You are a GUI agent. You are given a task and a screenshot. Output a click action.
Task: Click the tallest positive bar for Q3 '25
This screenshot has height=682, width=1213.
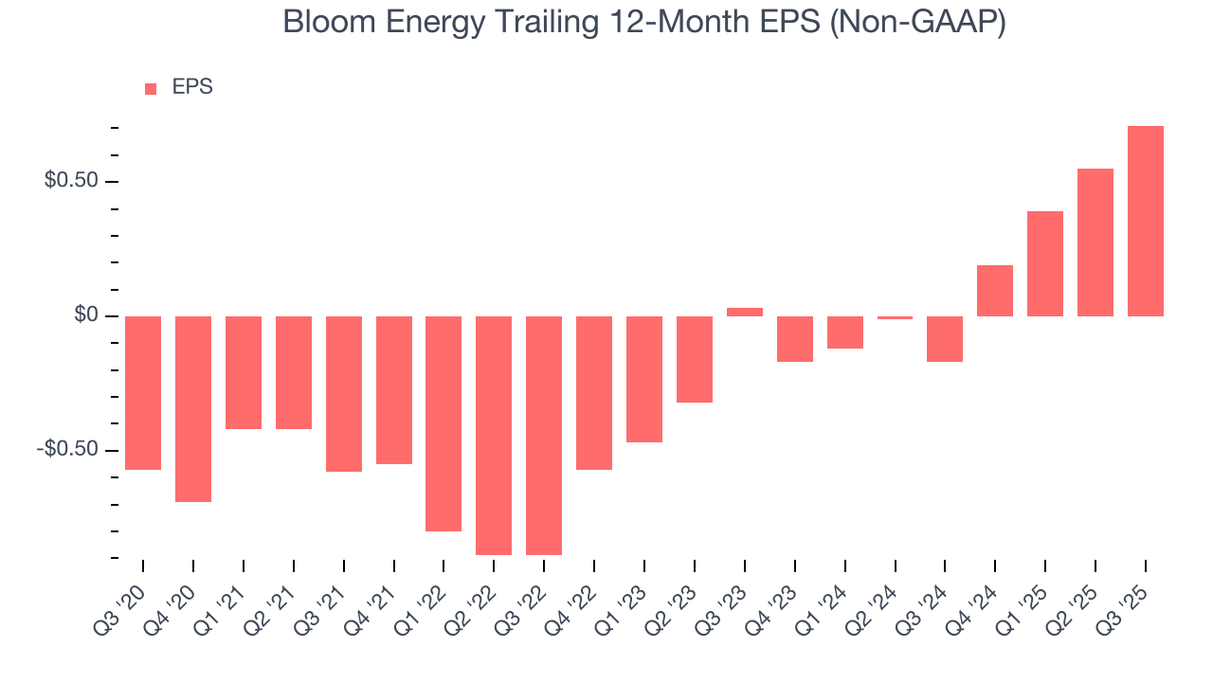pos(1145,221)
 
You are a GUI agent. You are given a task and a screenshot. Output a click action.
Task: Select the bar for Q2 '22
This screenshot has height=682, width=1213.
pos(493,435)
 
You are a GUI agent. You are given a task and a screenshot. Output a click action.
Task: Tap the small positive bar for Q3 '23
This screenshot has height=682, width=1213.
pos(744,312)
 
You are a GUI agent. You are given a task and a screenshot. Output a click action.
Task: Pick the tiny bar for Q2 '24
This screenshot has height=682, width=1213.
pos(895,317)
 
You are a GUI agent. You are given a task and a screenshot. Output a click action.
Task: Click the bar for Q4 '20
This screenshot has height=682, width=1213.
pos(192,408)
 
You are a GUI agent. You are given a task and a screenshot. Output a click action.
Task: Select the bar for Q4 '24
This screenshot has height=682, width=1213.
pos(994,291)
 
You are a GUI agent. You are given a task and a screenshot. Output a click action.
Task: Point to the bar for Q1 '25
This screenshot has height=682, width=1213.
pos(1044,263)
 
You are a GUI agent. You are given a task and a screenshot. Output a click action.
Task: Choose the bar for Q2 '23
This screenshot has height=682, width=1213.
pos(694,359)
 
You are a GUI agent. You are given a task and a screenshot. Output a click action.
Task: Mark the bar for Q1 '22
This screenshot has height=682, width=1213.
pos(443,423)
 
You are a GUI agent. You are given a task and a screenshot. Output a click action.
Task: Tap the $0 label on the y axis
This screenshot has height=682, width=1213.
pos(86,315)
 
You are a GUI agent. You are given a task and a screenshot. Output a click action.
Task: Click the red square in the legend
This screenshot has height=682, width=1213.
pos(151,88)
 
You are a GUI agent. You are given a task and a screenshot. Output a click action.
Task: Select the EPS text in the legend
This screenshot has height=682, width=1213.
pos(192,87)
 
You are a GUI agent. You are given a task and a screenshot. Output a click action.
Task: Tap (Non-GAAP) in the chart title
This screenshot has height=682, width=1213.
pos(916,23)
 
